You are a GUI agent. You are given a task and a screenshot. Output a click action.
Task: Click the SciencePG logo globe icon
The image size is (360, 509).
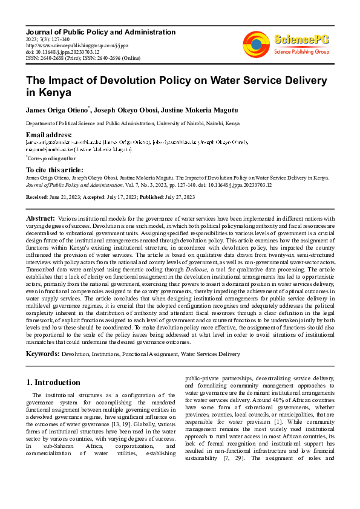[x=257, y=44]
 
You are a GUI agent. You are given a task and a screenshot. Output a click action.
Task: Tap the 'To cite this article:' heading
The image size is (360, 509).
[x=54, y=170]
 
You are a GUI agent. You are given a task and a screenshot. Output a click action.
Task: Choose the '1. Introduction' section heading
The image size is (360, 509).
[x=54, y=383]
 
